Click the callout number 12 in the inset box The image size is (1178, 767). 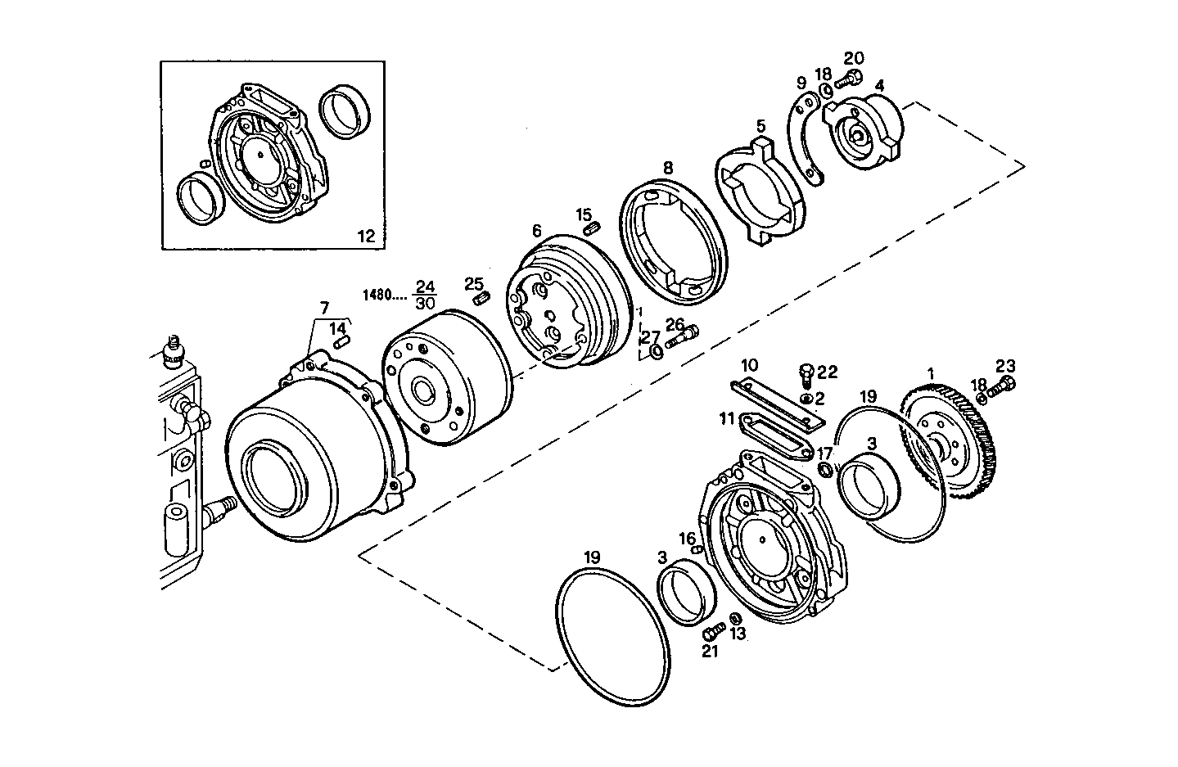pyautogui.click(x=366, y=236)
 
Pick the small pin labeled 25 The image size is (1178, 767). pyautogui.click(x=483, y=297)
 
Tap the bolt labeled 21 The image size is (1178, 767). pyautogui.click(x=711, y=633)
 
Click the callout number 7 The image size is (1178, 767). pyautogui.click(x=324, y=308)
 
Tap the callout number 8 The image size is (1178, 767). pyautogui.click(x=667, y=167)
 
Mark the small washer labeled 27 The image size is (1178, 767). pyautogui.click(x=657, y=353)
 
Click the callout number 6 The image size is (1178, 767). pyautogui.click(x=536, y=232)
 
